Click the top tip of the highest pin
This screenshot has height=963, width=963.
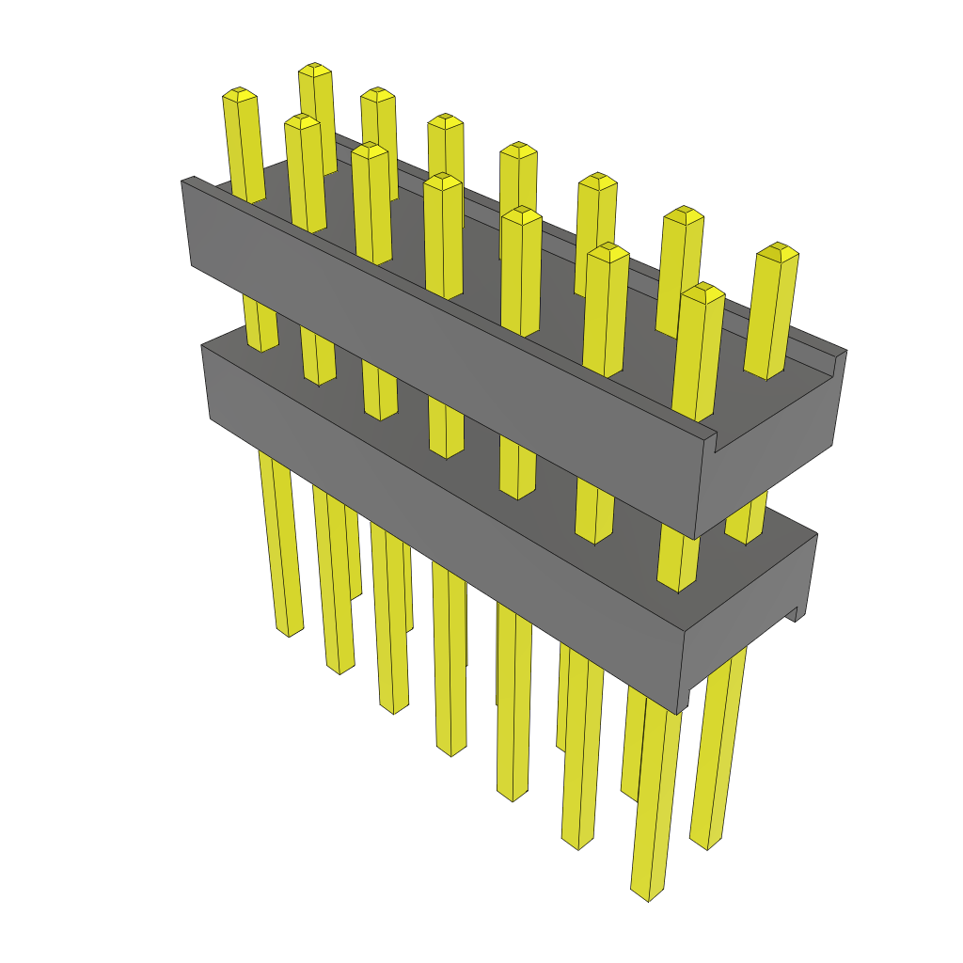(315, 69)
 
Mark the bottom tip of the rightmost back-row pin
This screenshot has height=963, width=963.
(705, 841)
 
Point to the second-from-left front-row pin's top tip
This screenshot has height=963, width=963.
(302, 120)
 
